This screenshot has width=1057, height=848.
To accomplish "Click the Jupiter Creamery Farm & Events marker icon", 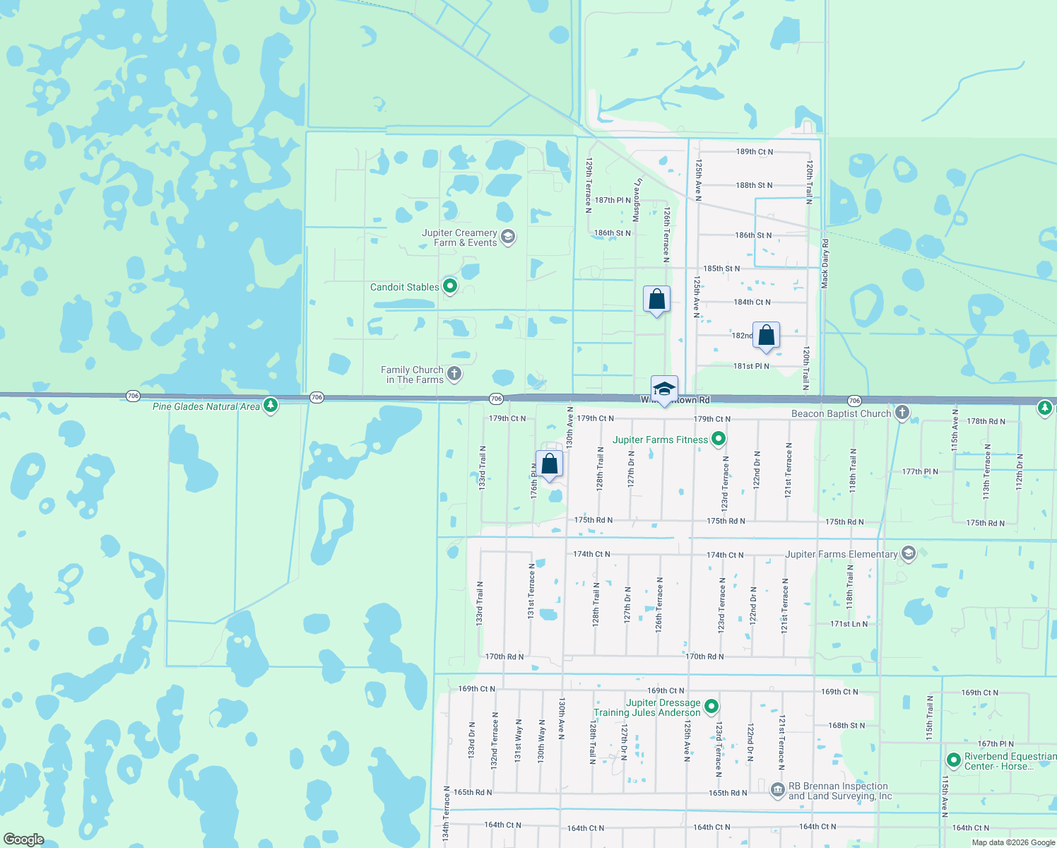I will click(x=507, y=237).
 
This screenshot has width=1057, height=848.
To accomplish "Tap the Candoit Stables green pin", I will click(x=450, y=286).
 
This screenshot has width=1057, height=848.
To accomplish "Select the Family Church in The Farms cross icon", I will click(x=454, y=374).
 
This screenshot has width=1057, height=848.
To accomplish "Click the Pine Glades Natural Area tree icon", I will click(x=271, y=405).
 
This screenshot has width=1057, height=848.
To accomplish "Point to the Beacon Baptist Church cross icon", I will click(x=902, y=413).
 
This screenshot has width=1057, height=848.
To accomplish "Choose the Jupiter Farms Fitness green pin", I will click(x=719, y=440).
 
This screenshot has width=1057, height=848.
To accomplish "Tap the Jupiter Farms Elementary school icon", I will click(x=909, y=553).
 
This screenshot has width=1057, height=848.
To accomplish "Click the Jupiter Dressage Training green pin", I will click(x=711, y=707).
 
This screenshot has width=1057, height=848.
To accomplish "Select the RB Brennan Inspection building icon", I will click(x=777, y=789).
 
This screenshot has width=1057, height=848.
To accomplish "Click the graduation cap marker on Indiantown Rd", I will click(x=664, y=389).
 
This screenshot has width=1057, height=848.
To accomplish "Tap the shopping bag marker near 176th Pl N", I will click(x=549, y=465).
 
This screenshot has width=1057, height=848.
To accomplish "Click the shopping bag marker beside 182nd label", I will click(x=766, y=336).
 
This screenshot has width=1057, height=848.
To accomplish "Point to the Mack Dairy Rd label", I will click(x=825, y=263).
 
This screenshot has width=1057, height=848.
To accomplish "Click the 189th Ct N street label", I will click(x=755, y=152).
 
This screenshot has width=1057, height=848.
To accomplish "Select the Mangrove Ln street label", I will click(x=637, y=200).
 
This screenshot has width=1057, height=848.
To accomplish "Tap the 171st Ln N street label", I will click(x=849, y=624).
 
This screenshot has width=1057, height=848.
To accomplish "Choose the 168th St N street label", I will click(x=846, y=726).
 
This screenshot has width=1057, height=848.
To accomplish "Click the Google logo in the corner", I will click(x=24, y=840).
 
